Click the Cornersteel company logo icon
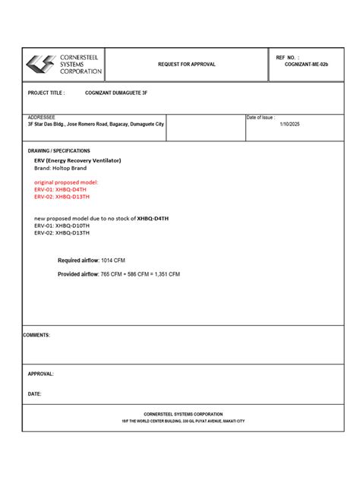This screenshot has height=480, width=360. tap(39, 65)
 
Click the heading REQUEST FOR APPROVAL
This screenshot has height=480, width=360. tap(186, 65)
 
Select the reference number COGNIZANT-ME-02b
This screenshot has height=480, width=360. tap(307, 65)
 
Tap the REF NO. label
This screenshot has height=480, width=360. tap(288, 57)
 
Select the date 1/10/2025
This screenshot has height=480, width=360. tap(290, 124)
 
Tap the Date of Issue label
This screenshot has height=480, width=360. tap(261, 117)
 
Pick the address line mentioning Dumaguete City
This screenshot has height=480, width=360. tap(96, 124)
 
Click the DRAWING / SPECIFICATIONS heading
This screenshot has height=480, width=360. tap(59, 151)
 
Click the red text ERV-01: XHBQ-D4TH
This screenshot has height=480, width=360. tap(61, 189)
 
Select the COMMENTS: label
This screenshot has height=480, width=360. tap(36, 335)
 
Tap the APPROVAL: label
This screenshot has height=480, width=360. tap(41, 374)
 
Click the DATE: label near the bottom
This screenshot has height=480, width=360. tap(35, 394)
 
